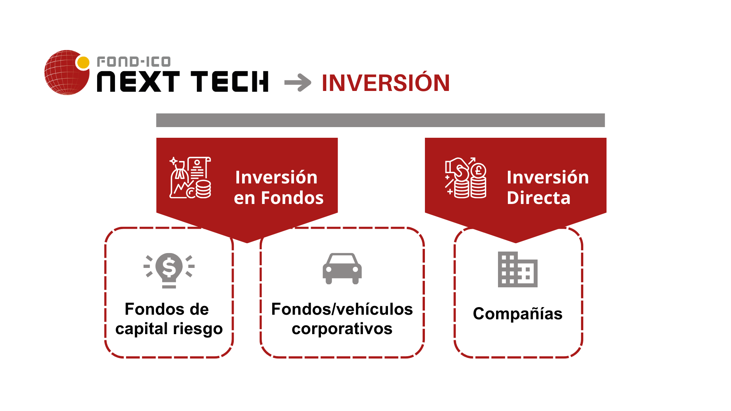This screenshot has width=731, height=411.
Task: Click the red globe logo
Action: click(x=67, y=73)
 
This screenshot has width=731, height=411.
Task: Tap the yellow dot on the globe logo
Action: click(x=83, y=62)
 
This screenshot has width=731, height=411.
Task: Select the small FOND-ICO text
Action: click(x=134, y=62)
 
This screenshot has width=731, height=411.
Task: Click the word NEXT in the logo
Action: click(x=138, y=81)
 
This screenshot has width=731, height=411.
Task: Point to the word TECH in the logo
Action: click(x=230, y=81)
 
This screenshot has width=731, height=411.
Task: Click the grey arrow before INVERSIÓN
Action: click(x=298, y=83)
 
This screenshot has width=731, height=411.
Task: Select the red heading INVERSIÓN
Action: click(x=386, y=83)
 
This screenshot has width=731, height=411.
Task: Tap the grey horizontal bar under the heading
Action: click(x=380, y=120)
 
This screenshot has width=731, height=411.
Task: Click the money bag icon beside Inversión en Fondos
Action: click(x=190, y=178)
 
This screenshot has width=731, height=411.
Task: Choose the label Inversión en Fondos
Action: click(x=278, y=187)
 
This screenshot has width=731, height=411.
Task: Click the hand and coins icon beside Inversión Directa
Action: click(x=466, y=178)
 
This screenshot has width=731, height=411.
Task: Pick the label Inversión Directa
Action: click(x=547, y=187)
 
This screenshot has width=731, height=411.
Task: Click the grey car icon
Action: click(x=342, y=268)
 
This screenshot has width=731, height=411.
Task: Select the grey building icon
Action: click(x=518, y=269)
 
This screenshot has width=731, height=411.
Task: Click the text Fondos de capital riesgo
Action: click(x=169, y=319)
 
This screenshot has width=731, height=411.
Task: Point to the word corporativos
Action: click(x=342, y=329)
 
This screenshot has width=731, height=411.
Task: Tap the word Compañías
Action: click(x=518, y=314)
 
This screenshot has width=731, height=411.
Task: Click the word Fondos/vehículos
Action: click(x=342, y=309)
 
